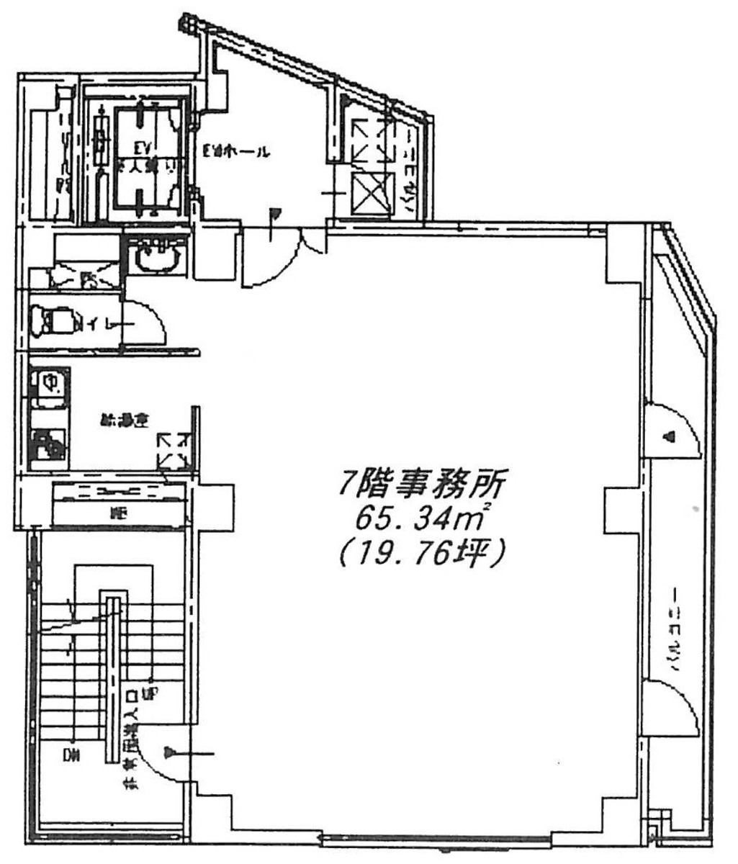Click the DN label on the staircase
71,755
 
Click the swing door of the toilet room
148,320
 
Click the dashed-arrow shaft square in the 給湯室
173,449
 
